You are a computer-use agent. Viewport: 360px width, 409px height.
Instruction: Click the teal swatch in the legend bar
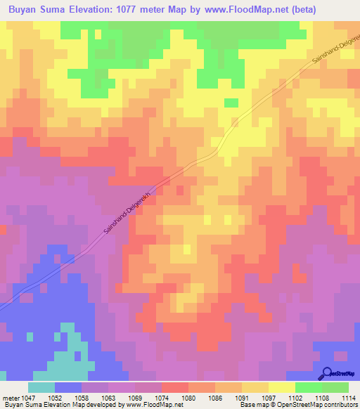pyautogui.click(x=41, y=387)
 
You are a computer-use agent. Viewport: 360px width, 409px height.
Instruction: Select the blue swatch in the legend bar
pyautogui.click(x=68, y=387)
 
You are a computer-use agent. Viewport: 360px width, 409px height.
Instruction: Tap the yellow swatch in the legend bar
pyautogui.click(x=282, y=387)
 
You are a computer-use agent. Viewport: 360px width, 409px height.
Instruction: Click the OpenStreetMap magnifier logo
pyautogui.click(x=326, y=373)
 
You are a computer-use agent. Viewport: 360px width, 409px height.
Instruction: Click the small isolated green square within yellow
pyautogui.click(x=231, y=103)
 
